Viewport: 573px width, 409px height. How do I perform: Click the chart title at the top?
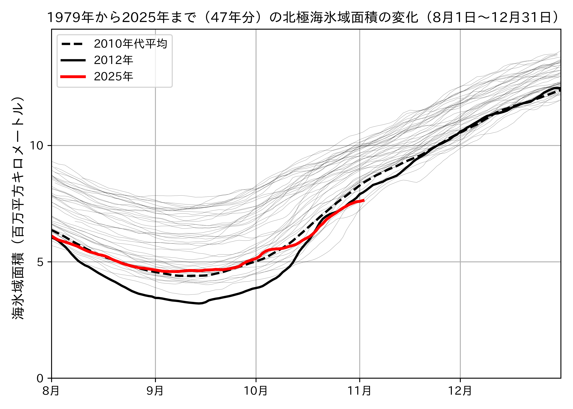tap(304, 18)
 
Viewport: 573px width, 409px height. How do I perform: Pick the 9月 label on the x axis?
tap(155, 391)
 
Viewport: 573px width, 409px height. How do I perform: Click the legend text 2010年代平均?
tap(131, 44)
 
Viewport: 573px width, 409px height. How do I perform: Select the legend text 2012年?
tap(113, 60)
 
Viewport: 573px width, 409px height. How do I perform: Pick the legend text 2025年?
tap(113, 77)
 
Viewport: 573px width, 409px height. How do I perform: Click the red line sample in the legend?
tap(73, 77)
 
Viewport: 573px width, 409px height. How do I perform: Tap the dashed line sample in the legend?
tap(73, 44)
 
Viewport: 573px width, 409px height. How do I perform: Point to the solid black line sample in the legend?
tap(73, 60)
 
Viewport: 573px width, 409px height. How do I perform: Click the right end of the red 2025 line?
tap(364, 200)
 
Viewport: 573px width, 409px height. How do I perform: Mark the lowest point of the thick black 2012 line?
tap(199, 303)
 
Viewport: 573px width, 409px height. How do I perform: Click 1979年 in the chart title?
tap(71, 18)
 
